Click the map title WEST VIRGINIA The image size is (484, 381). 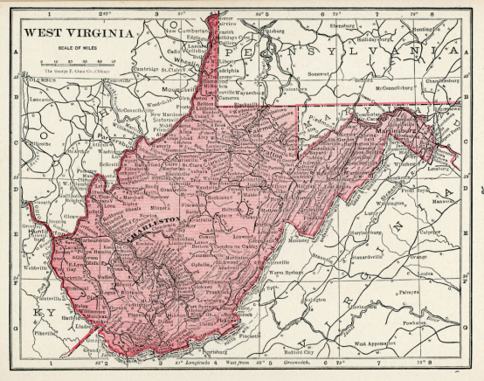pyautogui.click(x=80, y=32)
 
